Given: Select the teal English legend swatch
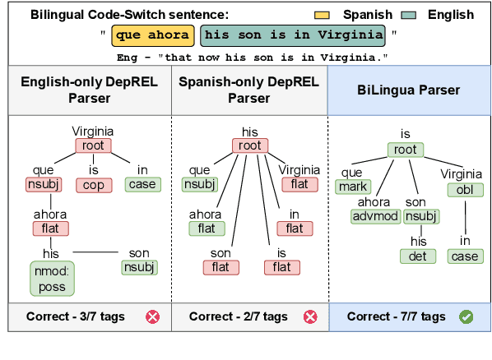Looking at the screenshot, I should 406,14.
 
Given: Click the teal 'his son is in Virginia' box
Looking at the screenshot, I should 294,35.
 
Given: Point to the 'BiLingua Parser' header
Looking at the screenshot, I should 408,90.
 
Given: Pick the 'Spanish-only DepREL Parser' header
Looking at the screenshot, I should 249,90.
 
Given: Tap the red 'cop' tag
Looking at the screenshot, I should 93,185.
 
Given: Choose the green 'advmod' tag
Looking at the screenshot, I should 374,216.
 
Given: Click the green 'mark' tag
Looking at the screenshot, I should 350,187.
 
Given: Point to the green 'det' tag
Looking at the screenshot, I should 418,256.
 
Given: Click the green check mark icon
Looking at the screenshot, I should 466,316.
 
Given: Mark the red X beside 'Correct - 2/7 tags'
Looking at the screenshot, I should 310,316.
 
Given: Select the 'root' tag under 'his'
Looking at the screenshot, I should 250,146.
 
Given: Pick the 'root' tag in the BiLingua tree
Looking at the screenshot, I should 405,150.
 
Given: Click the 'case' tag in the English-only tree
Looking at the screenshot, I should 142,184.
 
